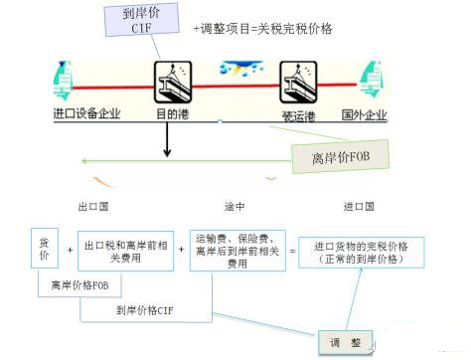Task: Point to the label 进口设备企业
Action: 86,113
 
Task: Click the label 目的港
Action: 172,113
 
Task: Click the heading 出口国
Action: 91,207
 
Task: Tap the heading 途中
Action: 235,207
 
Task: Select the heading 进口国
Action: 359,207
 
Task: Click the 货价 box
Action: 44,250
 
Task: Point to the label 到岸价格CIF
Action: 148,309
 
